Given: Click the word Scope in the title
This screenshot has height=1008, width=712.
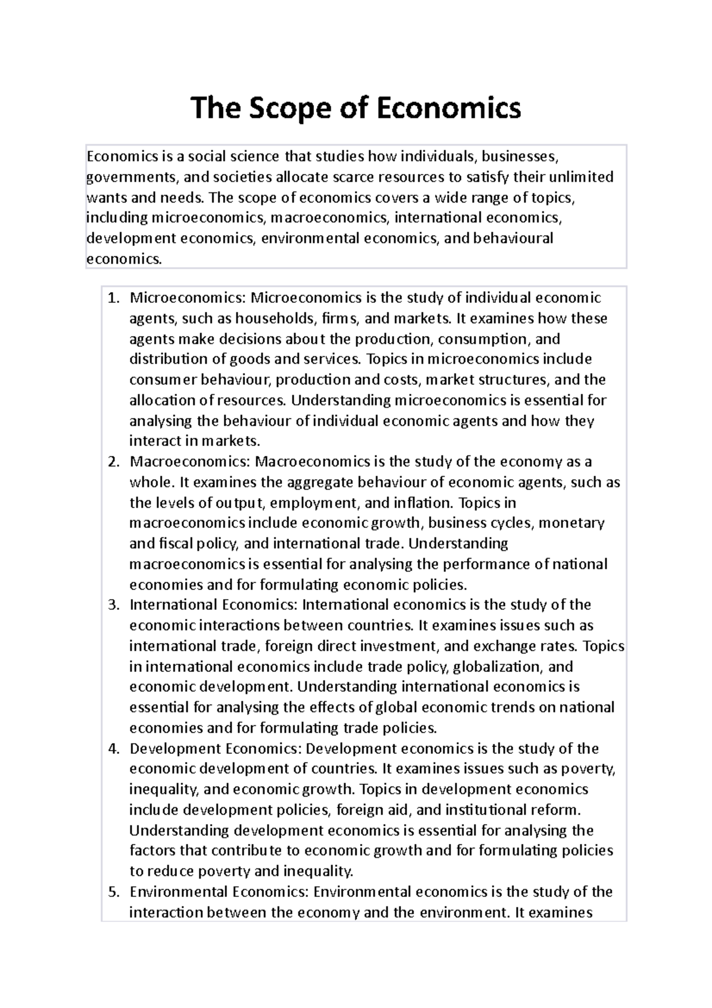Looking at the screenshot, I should (x=282, y=109).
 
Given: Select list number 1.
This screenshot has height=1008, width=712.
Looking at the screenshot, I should (x=113, y=298).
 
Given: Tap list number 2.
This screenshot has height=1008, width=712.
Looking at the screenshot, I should (x=113, y=462).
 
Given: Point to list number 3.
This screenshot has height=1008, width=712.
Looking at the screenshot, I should (x=113, y=605).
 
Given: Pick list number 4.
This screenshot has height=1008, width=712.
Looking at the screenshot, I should (x=113, y=749).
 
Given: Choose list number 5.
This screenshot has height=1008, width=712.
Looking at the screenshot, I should (x=113, y=892).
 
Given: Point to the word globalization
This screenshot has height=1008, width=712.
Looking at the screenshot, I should (x=496, y=667).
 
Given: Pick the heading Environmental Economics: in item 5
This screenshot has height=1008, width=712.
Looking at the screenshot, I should (x=219, y=892).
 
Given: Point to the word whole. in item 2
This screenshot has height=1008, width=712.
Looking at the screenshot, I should (x=148, y=483).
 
